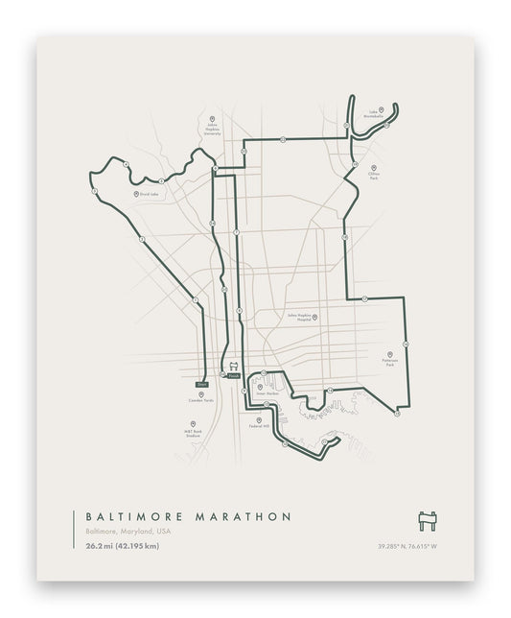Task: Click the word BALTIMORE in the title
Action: pos(133,516)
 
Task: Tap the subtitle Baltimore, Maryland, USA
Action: pos(128,532)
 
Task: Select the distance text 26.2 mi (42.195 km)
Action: pos(121,546)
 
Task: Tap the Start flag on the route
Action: pos(202,383)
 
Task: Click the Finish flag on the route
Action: pos(233,376)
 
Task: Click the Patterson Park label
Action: pos(389,364)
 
